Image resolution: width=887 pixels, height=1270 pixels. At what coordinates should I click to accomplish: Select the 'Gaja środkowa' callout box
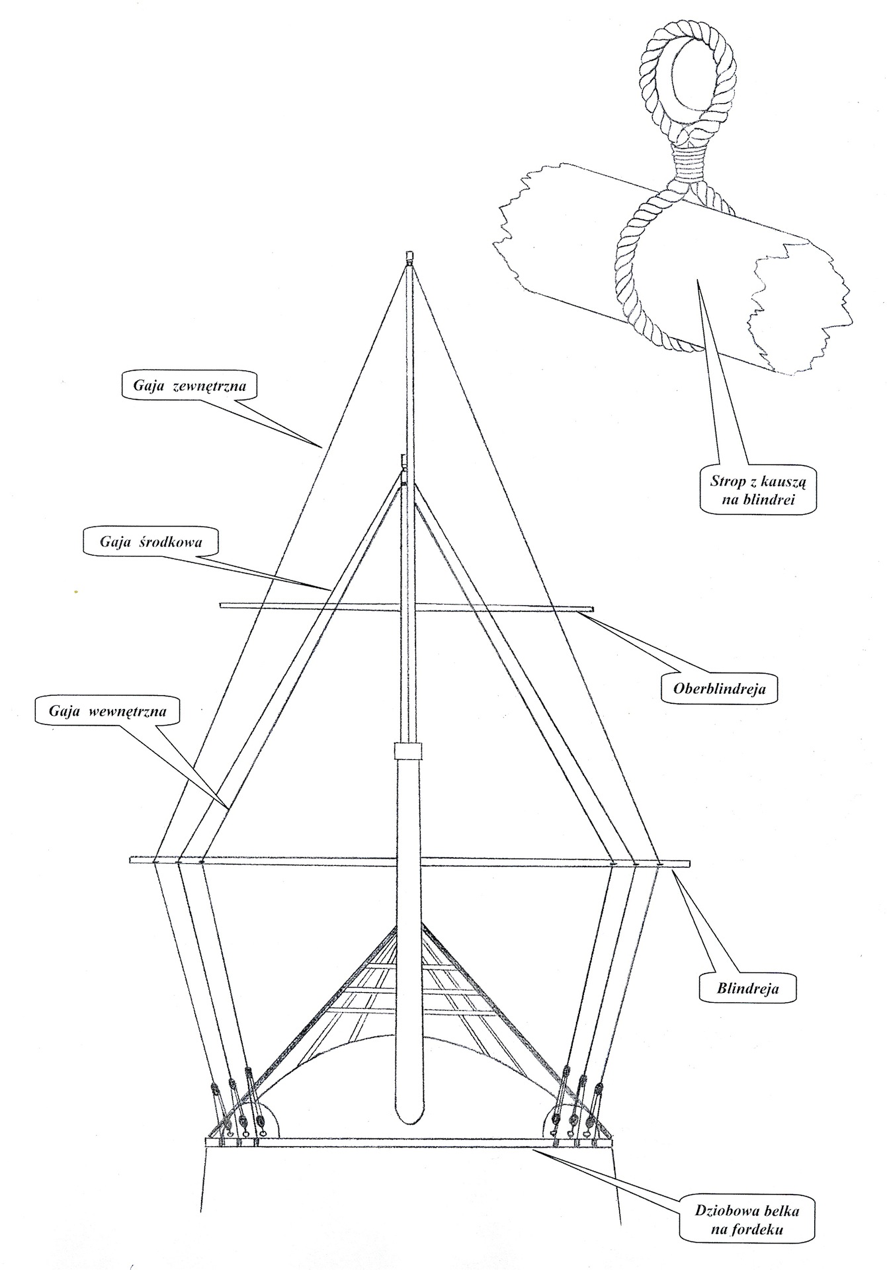pyautogui.click(x=151, y=542)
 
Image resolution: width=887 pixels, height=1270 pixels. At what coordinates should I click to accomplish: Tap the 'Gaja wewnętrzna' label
pyautogui.click(x=107, y=712)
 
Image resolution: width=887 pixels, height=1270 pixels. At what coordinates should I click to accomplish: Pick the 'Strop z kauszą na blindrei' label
pyautogui.click(x=758, y=490)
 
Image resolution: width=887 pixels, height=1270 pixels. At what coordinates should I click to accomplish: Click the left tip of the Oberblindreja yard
pyautogui.click(x=221, y=603)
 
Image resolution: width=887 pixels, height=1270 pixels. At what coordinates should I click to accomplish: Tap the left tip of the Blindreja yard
pyautogui.click(x=132, y=861)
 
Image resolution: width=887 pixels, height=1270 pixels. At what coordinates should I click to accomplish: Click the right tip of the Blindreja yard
pyautogui.click(x=688, y=863)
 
